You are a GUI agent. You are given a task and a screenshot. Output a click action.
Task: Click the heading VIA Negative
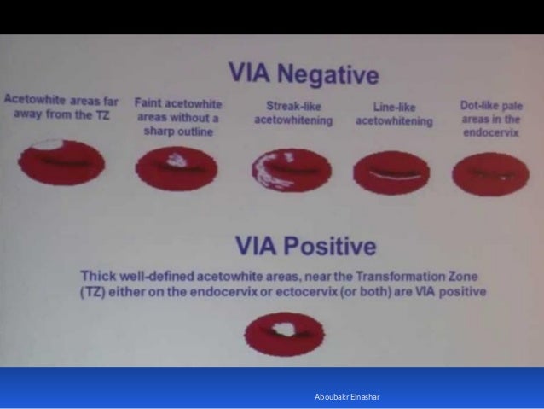tap(303, 74)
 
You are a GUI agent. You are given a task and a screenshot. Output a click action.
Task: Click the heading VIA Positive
tap(304, 248)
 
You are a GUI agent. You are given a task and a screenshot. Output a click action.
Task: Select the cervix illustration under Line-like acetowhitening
tap(391, 167)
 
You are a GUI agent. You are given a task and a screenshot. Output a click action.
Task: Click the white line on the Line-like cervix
tap(391, 171)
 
